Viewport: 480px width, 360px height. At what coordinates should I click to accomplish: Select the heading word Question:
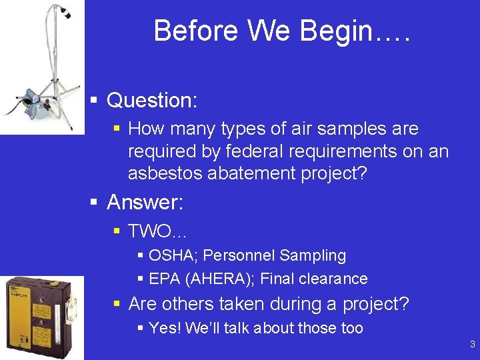(152, 101)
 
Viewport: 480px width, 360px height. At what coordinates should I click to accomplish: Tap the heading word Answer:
(145, 202)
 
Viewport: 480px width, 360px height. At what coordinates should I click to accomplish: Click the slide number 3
(472, 345)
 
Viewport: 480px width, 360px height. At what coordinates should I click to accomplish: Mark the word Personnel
(242, 255)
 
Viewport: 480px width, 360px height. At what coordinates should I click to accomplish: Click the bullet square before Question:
(95, 101)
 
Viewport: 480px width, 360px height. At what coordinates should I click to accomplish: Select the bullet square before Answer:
(95, 202)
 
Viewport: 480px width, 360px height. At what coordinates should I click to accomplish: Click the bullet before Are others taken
(117, 304)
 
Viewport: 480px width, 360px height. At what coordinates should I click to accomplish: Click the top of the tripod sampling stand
(63, 9)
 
